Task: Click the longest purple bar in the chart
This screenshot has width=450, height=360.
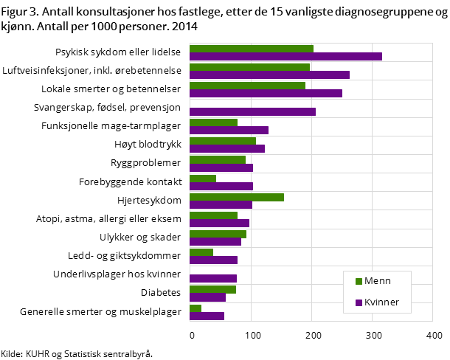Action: point(285,57)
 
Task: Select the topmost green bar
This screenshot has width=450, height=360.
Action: point(251,49)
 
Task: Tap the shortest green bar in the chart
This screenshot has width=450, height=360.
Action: point(195,308)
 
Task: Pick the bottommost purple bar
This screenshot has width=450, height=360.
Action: point(207,316)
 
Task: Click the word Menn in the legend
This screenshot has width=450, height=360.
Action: point(377,281)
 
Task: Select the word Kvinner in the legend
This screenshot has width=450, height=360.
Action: point(381,302)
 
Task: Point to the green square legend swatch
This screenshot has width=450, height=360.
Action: point(359,281)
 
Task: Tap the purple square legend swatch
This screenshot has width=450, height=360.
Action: point(359,302)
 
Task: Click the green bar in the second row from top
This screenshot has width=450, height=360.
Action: point(249,67)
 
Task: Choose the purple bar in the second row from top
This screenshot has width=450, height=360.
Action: point(269,75)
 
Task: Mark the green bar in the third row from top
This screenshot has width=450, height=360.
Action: point(247,86)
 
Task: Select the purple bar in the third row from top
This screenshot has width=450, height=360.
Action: point(266,94)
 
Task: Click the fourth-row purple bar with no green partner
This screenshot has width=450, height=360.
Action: point(252,112)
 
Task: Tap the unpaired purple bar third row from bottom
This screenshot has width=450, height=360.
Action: point(213,279)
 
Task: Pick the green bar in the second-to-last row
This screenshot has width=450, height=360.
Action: point(212,290)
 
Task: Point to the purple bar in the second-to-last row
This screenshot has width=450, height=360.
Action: point(207,298)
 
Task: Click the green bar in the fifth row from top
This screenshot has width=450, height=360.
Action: point(213,122)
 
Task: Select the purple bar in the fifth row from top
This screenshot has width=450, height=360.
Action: point(229,131)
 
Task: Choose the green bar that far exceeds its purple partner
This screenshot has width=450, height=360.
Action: point(236,197)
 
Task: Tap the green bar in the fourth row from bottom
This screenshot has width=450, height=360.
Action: point(201,252)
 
